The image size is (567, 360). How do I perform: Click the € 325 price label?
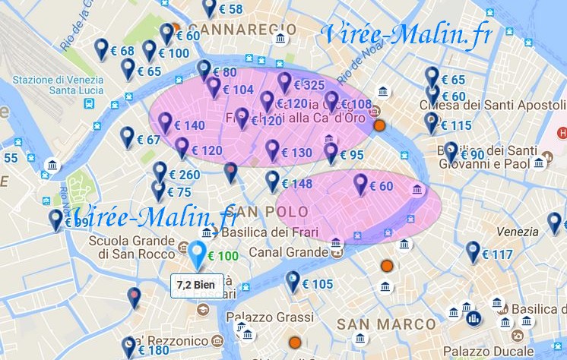(309, 85)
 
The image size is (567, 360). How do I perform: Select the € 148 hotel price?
(296, 184)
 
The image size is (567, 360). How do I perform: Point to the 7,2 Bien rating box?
(196, 284)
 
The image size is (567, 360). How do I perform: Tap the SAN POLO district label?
(272, 211)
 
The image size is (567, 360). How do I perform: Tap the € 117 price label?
(502, 255)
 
